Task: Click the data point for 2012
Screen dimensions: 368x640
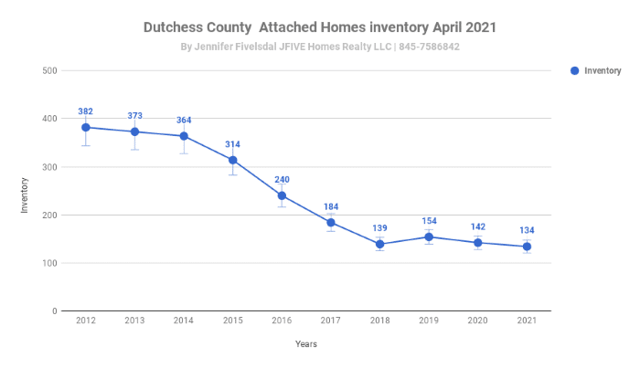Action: (x=85, y=128)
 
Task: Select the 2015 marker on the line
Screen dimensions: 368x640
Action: (x=232, y=160)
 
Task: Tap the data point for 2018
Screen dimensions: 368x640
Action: (x=379, y=244)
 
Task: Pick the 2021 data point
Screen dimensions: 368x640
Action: (x=527, y=247)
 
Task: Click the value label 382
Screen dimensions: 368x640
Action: (x=85, y=111)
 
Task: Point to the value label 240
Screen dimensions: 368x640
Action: (x=282, y=180)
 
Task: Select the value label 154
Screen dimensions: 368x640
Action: (x=429, y=221)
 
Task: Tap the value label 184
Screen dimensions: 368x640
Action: (x=330, y=206)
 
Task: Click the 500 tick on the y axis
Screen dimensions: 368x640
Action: (x=50, y=71)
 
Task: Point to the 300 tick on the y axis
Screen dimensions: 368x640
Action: (x=50, y=167)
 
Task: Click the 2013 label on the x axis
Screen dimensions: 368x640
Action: (x=134, y=321)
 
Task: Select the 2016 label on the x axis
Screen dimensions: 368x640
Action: (x=282, y=321)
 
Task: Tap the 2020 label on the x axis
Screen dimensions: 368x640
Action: (x=477, y=321)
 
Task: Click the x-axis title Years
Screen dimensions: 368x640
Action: (x=306, y=344)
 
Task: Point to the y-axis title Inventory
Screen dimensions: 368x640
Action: (x=26, y=193)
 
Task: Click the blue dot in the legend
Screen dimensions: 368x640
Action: (x=574, y=70)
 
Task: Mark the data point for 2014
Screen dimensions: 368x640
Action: (x=183, y=136)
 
